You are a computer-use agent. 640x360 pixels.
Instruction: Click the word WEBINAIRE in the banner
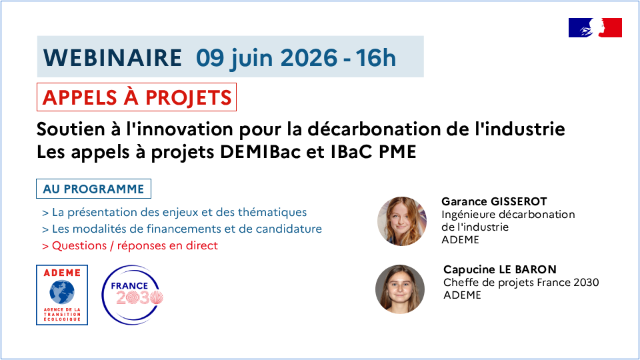point(113,57)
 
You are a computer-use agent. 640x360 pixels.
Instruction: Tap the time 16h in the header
point(375,57)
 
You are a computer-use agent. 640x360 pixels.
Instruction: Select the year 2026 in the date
point(309,57)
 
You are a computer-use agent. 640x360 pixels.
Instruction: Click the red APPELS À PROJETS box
point(137,97)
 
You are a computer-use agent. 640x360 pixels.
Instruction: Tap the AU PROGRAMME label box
point(93,189)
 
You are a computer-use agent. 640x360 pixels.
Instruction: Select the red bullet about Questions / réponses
point(130,246)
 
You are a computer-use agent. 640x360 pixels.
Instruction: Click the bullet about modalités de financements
point(182,229)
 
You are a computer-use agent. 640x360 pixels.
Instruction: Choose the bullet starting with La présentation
point(174,212)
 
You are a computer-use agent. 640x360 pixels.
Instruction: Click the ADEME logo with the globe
point(62,295)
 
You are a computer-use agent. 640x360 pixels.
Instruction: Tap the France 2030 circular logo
point(132,295)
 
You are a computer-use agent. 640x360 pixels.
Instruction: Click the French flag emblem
point(595,28)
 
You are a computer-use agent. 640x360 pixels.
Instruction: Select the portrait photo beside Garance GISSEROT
point(402,221)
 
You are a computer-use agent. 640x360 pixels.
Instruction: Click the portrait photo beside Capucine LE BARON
point(400,289)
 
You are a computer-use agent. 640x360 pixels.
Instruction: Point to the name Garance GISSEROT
point(494,201)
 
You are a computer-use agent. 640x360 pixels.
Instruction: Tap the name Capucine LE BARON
point(500,269)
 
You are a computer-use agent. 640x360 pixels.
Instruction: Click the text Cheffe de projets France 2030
point(521,283)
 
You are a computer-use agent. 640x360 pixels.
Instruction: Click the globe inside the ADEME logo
point(62,292)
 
